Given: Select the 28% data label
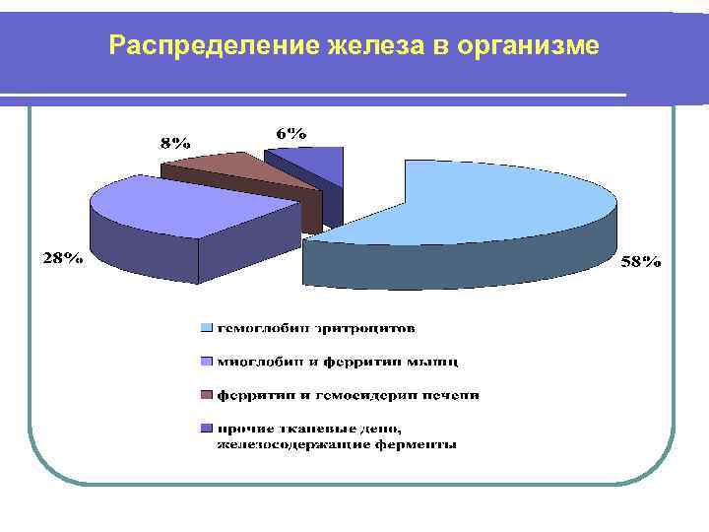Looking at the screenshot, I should [x=61, y=259].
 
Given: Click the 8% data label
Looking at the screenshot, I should [x=175, y=142].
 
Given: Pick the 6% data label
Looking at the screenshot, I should [x=291, y=133].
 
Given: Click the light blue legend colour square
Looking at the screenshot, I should [x=206, y=326].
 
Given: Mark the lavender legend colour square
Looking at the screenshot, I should [x=206, y=362].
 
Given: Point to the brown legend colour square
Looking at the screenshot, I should [x=206, y=395].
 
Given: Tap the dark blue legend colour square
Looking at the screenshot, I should [x=206, y=429].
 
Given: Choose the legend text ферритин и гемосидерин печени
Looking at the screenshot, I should [x=349, y=395].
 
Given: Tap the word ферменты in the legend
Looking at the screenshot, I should [x=418, y=444].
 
